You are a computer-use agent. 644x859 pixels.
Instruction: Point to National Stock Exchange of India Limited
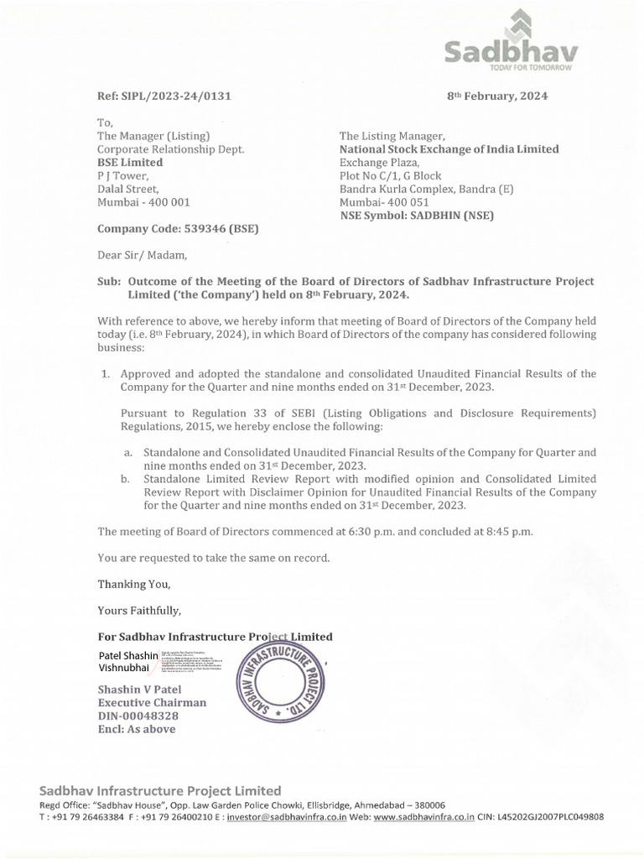(449, 148)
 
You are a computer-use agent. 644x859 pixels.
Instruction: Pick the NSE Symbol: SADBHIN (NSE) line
(416, 216)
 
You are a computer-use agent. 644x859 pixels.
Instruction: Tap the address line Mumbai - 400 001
(144, 202)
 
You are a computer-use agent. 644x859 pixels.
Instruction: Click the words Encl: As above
(138, 729)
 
